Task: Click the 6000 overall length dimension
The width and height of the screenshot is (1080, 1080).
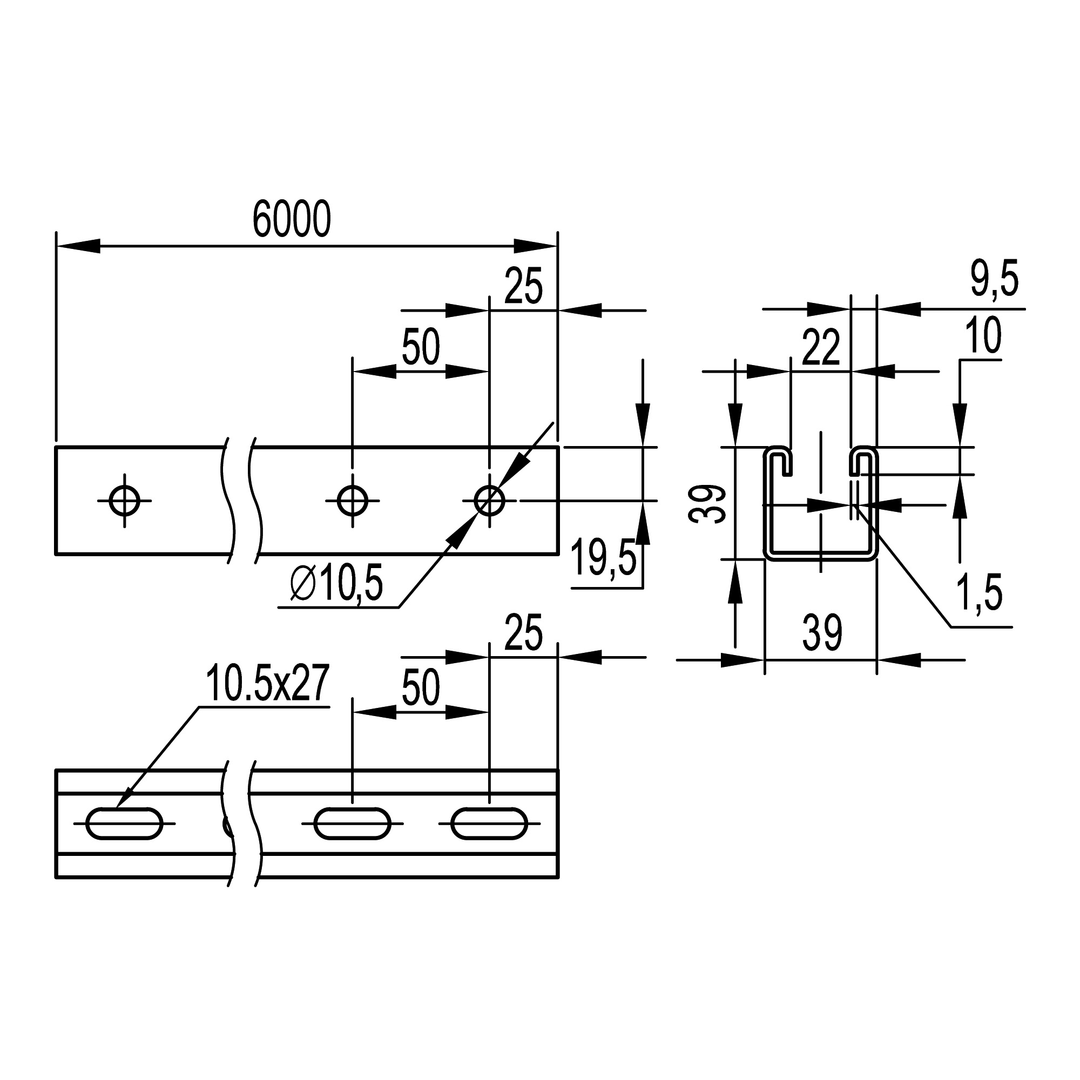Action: pos(292,219)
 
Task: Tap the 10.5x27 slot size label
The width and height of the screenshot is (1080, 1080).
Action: pos(267,683)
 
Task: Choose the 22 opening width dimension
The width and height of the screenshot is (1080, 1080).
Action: pos(821,348)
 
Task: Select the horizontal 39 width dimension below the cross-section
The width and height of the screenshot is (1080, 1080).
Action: pos(822,634)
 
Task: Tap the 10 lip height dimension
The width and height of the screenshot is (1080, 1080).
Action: pos(983,336)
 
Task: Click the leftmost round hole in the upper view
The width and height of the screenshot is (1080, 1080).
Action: pos(124,501)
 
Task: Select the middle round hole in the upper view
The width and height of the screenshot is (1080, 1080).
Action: pos(352,501)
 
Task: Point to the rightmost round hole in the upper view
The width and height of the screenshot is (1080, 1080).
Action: pos(489,501)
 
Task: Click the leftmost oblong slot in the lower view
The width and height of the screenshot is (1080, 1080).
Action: pos(124,823)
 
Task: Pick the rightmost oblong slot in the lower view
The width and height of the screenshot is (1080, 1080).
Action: pos(489,823)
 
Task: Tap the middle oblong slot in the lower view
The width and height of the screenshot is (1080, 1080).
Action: pos(352,823)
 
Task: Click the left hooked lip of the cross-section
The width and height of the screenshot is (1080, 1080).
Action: pos(779,458)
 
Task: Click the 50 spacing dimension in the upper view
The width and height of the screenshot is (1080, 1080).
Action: pos(420,348)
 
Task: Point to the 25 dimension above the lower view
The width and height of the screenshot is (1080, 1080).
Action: pos(523,633)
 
